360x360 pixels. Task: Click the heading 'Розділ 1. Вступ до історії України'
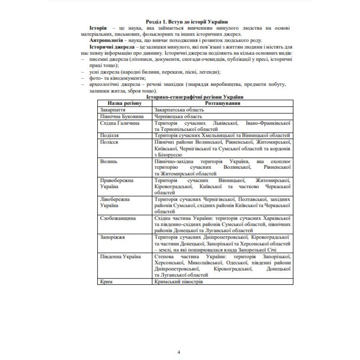(x=187, y=22)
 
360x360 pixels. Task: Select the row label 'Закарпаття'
(x=113, y=109)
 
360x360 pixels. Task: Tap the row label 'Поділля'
(x=110, y=135)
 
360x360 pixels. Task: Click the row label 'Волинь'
(x=109, y=161)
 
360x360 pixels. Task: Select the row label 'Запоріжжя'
(x=112, y=237)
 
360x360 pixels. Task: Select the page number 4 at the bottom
(x=179, y=351)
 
